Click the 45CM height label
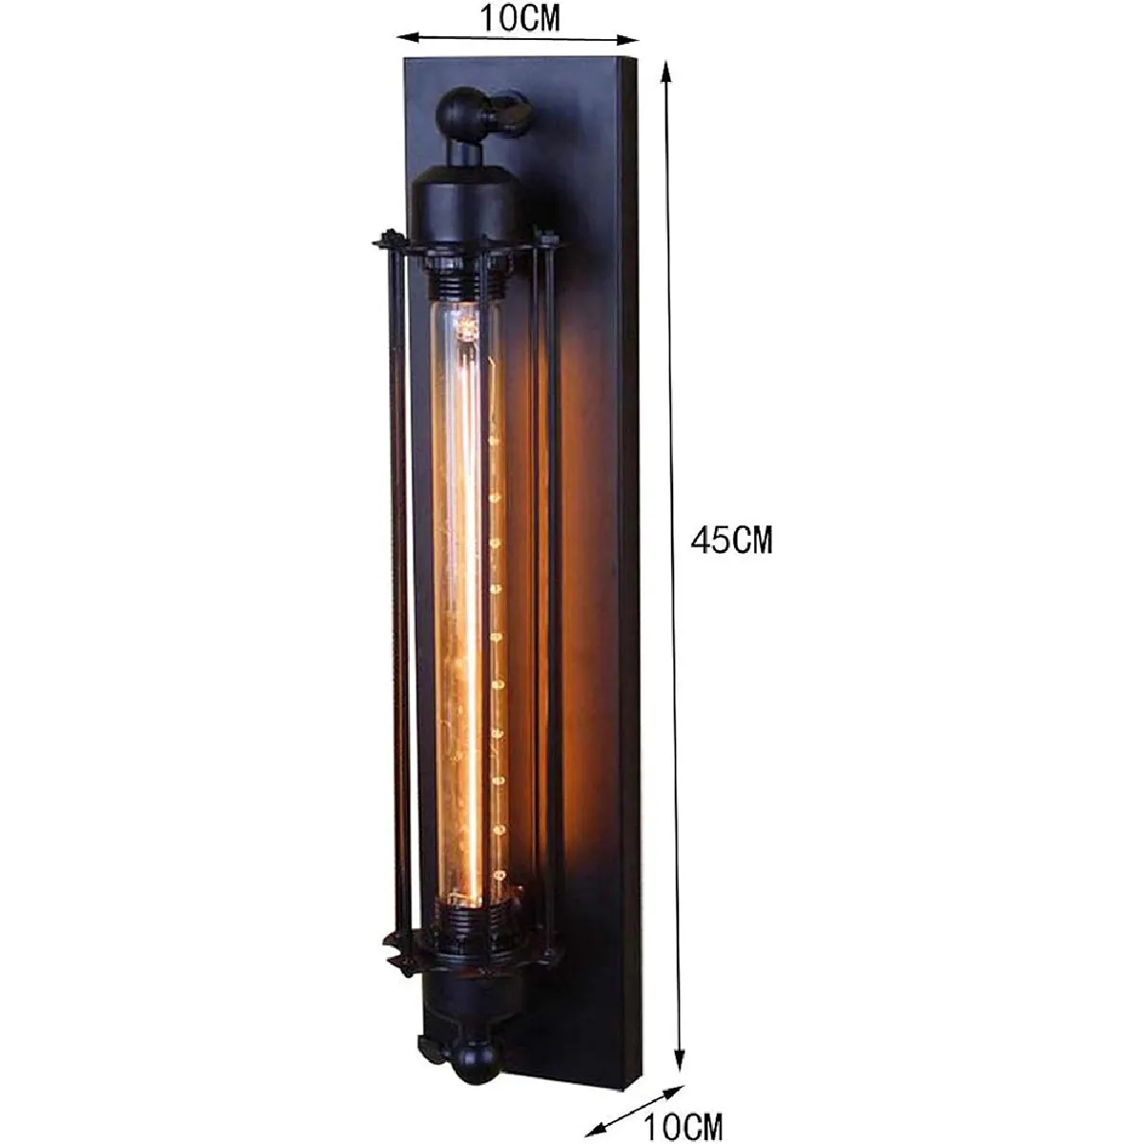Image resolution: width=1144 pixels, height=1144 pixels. pos(731,541)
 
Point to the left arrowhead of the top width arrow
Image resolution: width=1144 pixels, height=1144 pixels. pos(408,37)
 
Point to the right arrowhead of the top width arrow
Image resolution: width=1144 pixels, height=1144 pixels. pos(627,40)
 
